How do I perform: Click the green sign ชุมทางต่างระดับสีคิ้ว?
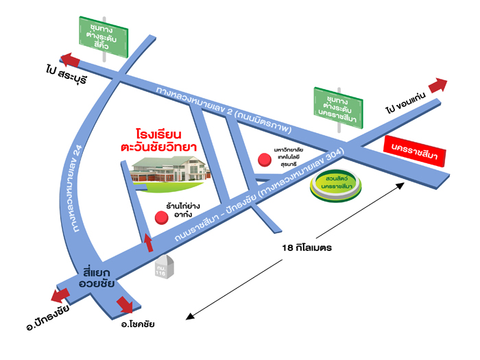tap(104, 31)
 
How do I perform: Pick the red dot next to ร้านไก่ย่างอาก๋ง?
tap(162, 217)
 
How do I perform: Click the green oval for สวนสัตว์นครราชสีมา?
tap(335, 183)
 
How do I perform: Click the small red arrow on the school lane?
tap(147, 241)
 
